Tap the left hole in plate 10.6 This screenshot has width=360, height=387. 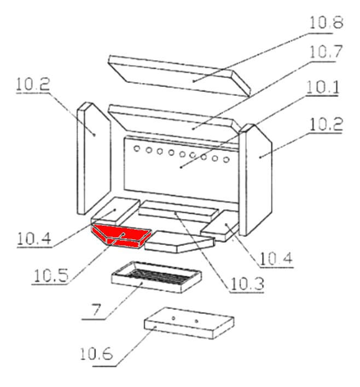(173, 318)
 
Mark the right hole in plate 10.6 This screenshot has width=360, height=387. (196, 320)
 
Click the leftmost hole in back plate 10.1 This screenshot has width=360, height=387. (138, 148)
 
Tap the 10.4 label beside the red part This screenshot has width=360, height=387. (34, 238)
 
